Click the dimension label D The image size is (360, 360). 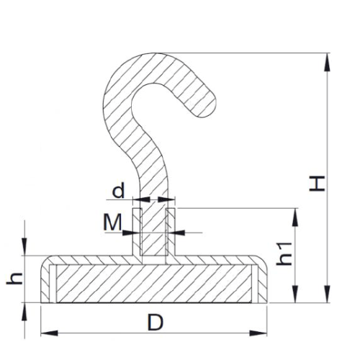tap(155, 323)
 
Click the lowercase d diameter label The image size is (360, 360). tap(118, 191)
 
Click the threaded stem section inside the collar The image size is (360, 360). tap(155, 230)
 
